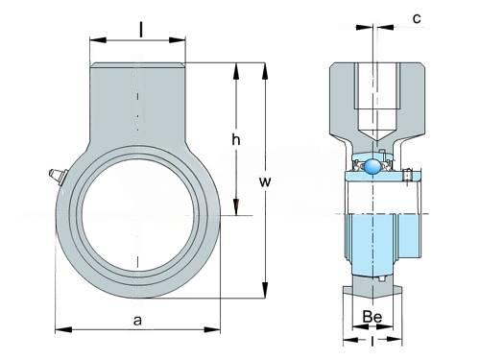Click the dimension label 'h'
236,140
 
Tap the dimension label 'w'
265,181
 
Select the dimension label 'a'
137,320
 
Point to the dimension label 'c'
417,18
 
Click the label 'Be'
372,317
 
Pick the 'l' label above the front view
141,31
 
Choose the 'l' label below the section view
372,341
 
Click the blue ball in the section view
372,166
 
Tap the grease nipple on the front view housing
57,177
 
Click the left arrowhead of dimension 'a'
63,329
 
